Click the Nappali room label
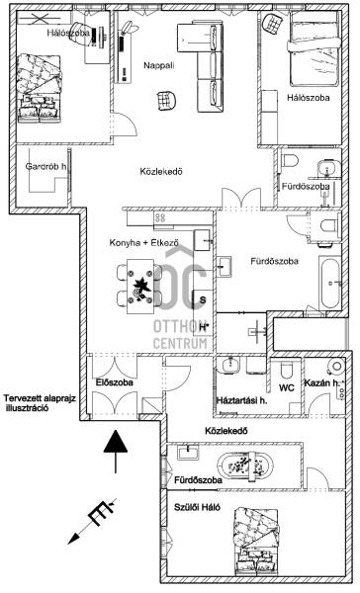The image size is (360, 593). (159, 65)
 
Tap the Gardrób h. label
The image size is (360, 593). (45, 166)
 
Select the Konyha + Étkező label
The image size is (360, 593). (143, 243)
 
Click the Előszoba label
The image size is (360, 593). (115, 382)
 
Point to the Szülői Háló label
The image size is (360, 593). (197, 508)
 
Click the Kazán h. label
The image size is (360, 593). (322, 383)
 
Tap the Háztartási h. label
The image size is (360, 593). (241, 400)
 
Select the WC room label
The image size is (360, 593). (287, 388)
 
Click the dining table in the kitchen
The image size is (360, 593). (140, 287)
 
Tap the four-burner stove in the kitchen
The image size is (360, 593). (160, 217)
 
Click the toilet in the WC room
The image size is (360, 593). (287, 371)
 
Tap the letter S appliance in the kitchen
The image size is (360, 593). (203, 300)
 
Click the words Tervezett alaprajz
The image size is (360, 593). (40, 398)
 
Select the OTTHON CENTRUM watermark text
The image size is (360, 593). (181, 334)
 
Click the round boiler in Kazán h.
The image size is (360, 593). (336, 366)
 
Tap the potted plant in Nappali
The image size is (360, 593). (130, 28)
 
